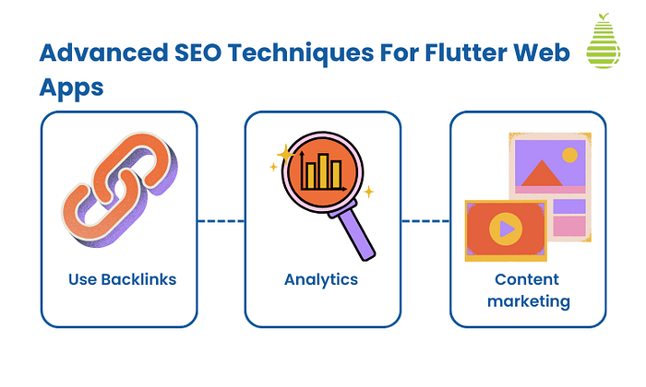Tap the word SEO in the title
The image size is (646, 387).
click(197, 53)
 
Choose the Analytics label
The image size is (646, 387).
click(321, 279)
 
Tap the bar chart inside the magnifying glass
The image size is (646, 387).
click(322, 172)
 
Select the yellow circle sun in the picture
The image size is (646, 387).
click(569, 155)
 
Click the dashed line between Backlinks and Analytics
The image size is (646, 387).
click(221, 221)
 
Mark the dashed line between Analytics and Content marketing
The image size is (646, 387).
click(425, 221)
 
